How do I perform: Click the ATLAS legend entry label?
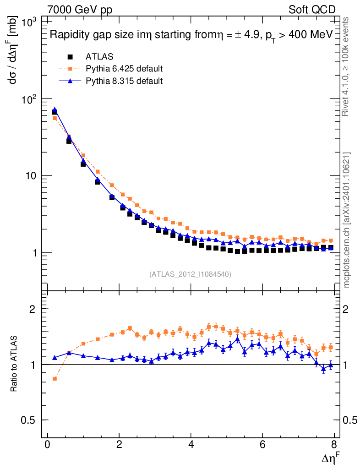[x=99, y=57]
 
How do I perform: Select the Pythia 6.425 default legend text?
[x=124, y=69]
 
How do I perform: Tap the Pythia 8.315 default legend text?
[x=124, y=81]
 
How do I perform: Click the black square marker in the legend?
[x=70, y=57]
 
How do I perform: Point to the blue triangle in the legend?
[x=70, y=81]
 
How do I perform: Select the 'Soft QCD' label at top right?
[x=312, y=10]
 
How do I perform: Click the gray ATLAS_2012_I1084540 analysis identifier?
[x=190, y=274]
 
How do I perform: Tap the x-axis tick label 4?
[x=191, y=445]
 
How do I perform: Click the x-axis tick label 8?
[x=334, y=445]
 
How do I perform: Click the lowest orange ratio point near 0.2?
[x=55, y=379]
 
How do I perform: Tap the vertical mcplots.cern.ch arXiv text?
[x=347, y=219]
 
